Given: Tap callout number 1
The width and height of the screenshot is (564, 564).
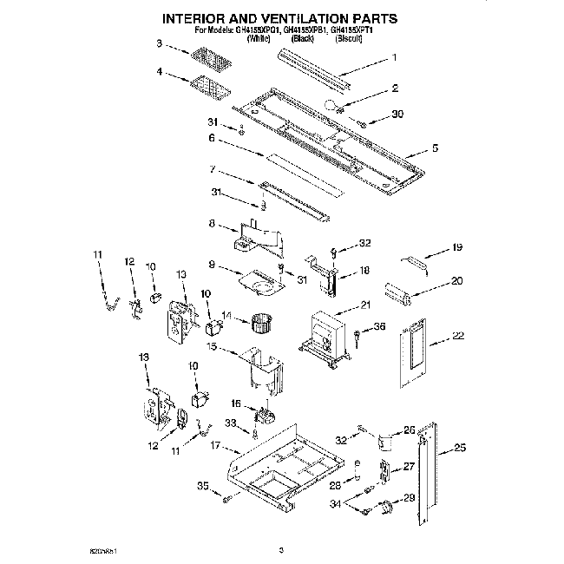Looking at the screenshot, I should coord(394,58).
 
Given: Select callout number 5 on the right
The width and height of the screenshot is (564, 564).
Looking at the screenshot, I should coord(435,148).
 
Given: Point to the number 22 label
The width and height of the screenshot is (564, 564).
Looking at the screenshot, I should coord(459,336).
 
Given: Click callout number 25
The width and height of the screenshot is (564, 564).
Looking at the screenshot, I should coord(460,448).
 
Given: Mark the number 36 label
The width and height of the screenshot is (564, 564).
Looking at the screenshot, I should coord(378,326).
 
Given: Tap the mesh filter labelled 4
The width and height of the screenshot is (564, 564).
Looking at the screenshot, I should coord(207,87).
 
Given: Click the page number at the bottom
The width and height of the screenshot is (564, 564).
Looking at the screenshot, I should coord(281,549).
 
